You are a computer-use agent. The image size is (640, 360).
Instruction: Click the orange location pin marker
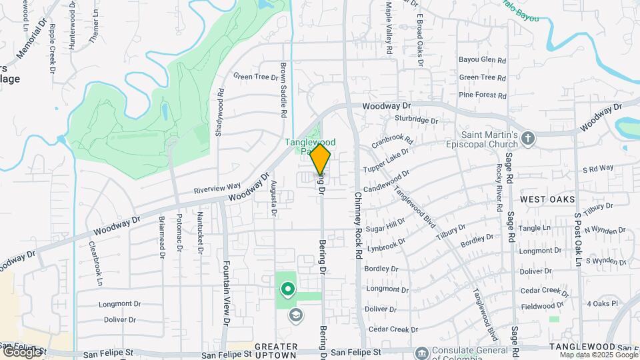tap(320, 160)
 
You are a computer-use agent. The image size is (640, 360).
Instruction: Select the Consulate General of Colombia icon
tap(421, 352)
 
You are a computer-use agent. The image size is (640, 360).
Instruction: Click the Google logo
tap(21, 351)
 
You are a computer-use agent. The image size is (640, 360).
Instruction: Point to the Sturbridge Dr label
tap(415, 121)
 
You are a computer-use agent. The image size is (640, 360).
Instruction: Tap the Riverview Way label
tap(217, 189)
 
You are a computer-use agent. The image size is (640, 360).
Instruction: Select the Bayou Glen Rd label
tap(483, 60)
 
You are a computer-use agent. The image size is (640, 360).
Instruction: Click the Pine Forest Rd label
tap(483, 95)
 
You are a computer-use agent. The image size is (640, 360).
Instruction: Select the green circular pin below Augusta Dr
tap(288, 289)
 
